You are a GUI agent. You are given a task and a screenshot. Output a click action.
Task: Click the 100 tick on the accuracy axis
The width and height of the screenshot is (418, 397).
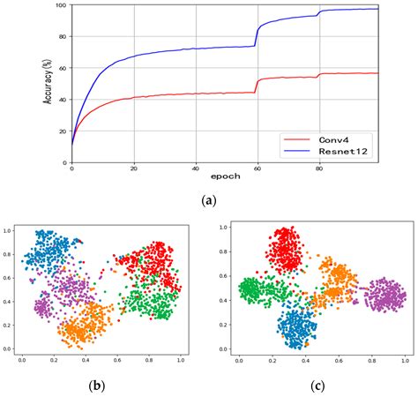60,5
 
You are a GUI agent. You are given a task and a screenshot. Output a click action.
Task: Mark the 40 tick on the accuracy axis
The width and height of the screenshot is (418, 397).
62,100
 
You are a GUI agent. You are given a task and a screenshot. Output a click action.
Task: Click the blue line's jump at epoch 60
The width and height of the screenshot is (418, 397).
258,35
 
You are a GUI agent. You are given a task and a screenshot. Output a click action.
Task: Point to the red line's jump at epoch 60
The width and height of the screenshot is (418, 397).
258,85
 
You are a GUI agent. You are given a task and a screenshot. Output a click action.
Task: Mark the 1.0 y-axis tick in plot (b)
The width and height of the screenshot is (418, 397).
8,230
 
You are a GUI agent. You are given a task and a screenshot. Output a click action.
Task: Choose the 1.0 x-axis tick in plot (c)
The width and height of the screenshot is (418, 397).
404,363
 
